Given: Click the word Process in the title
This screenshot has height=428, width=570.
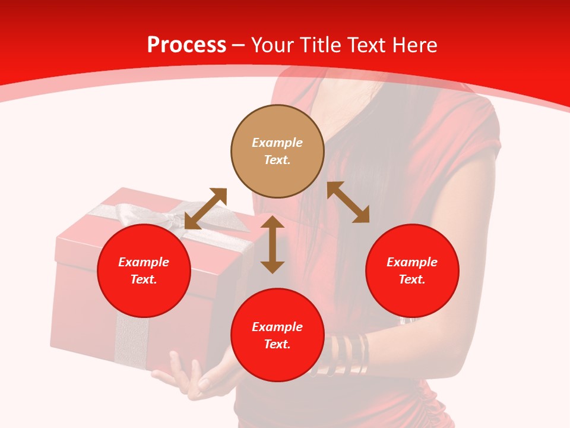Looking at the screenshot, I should coord(186,45).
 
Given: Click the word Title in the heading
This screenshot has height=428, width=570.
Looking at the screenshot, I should coord(318,45).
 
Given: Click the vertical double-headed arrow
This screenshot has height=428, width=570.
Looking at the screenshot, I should coord(273,244).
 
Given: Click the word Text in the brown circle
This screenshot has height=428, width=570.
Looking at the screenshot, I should coord(277,160).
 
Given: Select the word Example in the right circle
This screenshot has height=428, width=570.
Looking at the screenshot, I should coord(412,262).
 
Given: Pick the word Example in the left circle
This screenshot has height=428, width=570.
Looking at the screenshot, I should coord(144,262).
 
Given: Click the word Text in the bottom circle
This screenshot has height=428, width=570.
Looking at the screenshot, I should coord(277,345).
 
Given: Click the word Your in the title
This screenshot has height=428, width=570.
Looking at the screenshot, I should coord(271,45).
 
